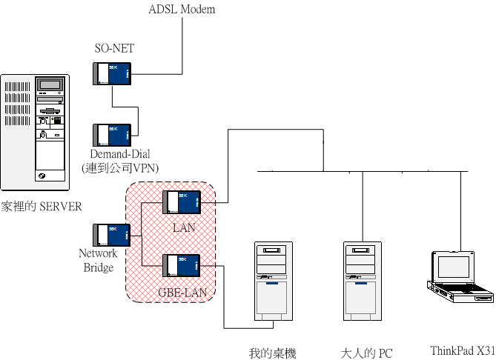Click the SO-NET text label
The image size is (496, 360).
click(x=114, y=49)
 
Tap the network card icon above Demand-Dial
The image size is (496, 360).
click(x=113, y=134)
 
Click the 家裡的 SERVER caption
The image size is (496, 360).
click(x=41, y=206)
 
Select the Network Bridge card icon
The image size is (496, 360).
click(x=113, y=235)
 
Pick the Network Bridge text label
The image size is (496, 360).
click(x=98, y=260)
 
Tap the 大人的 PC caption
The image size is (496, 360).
click(x=366, y=353)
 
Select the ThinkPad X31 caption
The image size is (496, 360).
click(x=462, y=350)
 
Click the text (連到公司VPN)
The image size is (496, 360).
click(x=120, y=168)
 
